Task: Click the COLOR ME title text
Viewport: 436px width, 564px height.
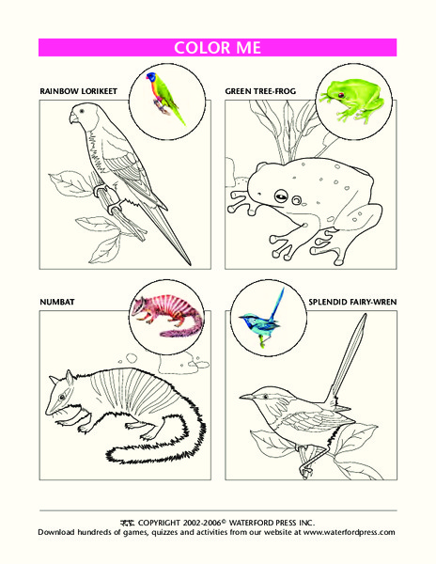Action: coord(218,48)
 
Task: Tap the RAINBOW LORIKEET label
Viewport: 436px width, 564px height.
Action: coord(80,91)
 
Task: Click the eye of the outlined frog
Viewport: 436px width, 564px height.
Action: coord(280,196)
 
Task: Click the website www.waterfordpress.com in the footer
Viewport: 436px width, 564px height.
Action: coord(348,532)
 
